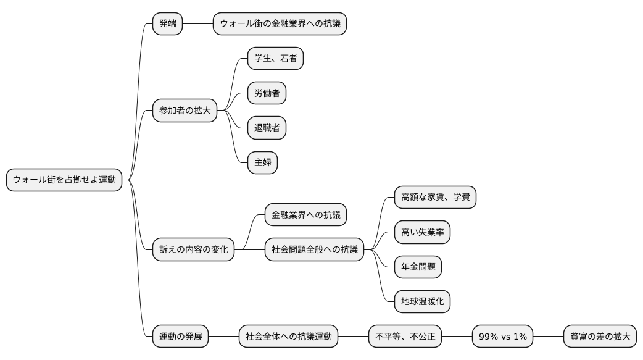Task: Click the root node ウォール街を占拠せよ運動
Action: (x=64, y=180)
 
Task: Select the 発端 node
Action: (x=168, y=24)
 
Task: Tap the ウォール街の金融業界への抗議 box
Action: (x=280, y=24)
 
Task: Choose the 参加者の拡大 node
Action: (x=185, y=111)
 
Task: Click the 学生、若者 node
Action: (x=275, y=59)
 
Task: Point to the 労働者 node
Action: (x=267, y=94)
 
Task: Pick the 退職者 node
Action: (x=267, y=128)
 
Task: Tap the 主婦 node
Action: (x=262, y=163)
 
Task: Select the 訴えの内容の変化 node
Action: (x=193, y=250)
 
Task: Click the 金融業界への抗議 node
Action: (x=305, y=215)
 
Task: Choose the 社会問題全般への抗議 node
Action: (x=314, y=250)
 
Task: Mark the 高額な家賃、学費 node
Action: (x=435, y=198)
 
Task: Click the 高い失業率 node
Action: (x=422, y=233)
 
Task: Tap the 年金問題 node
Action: (x=418, y=267)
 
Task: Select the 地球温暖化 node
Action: (x=422, y=302)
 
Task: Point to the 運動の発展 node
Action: (x=180, y=337)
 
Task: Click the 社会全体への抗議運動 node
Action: (x=288, y=337)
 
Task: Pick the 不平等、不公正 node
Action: (x=405, y=337)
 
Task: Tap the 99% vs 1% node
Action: (x=502, y=337)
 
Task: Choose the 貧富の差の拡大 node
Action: (x=600, y=337)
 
